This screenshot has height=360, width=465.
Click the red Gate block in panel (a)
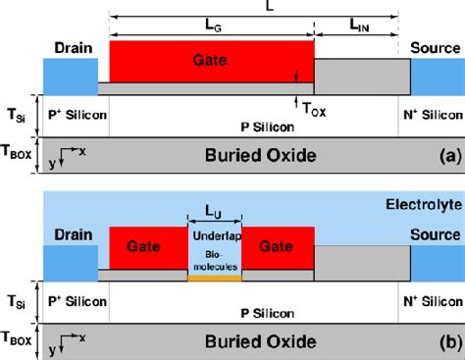(210, 61)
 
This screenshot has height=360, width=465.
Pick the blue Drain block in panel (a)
(70, 77)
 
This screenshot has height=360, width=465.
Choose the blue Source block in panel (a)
(436, 77)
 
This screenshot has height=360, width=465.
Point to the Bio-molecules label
(214, 258)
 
